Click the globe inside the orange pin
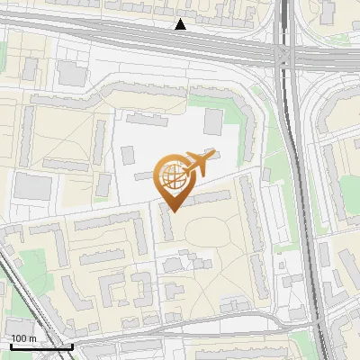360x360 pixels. point(172,176)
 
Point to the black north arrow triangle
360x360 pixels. point(181,24)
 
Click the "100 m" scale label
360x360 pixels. point(24,337)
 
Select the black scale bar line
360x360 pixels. point(40,346)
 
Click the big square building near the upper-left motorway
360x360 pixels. point(69,72)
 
